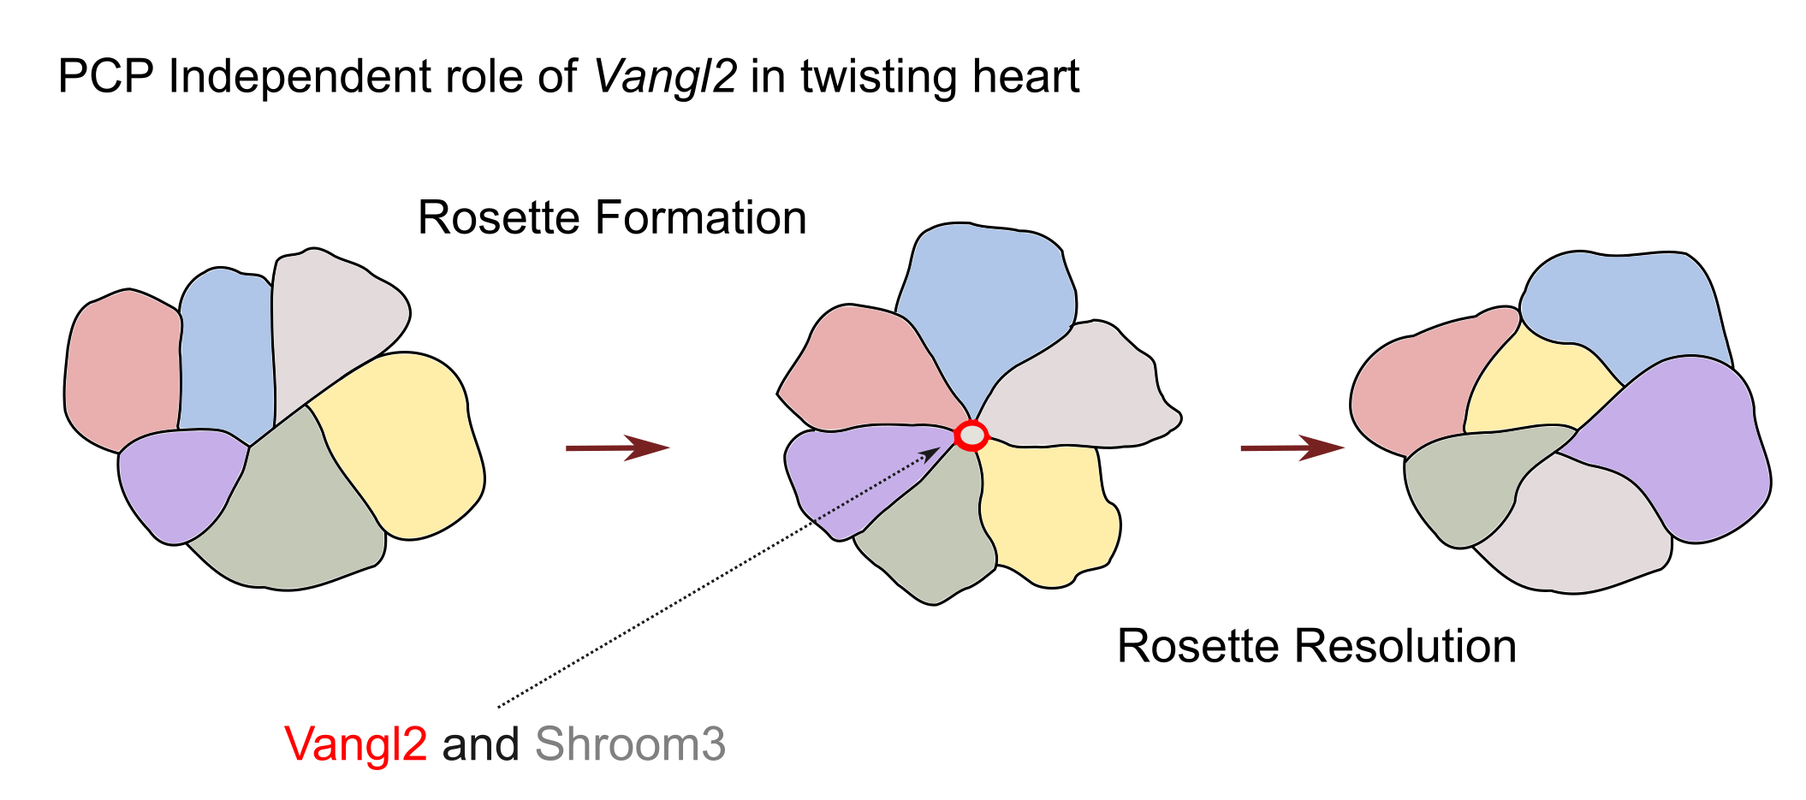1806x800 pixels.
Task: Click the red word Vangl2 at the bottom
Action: point(355,744)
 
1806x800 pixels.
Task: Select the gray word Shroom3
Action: point(630,744)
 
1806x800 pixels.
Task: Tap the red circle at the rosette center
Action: point(971,436)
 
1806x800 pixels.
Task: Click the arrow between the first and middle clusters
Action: point(616,447)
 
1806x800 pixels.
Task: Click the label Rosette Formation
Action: point(612,217)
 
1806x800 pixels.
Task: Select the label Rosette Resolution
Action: point(1316,646)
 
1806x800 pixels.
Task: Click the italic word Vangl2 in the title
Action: point(665,77)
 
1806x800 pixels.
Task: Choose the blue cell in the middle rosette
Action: point(984,308)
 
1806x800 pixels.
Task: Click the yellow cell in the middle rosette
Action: point(1049,513)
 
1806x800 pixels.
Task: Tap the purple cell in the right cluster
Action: point(1678,445)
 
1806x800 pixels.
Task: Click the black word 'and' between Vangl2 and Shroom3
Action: point(480,744)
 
